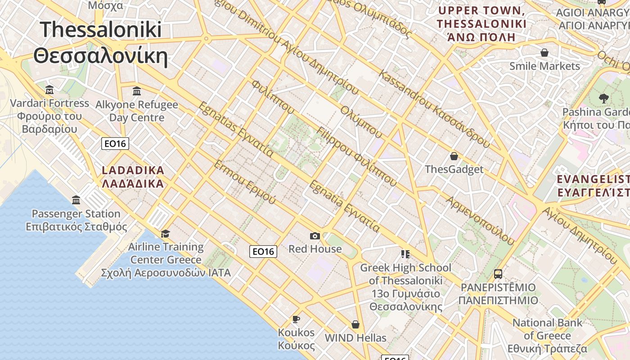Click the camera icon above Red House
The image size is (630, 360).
pyautogui.click(x=315, y=236)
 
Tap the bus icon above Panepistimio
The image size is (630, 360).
pyautogui.click(x=498, y=274)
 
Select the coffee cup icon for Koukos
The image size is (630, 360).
pyautogui.click(x=296, y=319)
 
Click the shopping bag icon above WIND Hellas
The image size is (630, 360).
pyautogui.click(x=355, y=324)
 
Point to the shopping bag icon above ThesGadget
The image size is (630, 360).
pyautogui.click(x=454, y=156)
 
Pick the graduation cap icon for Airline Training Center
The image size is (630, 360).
pyautogui.click(x=165, y=233)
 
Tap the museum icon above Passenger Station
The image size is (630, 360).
pyautogui.click(x=76, y=200)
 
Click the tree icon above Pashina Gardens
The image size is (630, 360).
pyautogui.click(x=604, y=98)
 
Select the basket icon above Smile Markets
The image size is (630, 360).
pyautogui.click(x=544, y=53)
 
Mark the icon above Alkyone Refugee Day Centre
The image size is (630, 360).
pyautogui.click(x=137, y=91)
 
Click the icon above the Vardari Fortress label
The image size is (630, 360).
pyautogui.click(x=49, y=90)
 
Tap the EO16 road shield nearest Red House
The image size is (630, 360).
pyautogui.click(x=263, y=251)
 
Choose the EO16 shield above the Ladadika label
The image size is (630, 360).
pyautogui.click(x=115, y=144)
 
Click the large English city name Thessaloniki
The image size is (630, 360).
pyautogui.click(x=101, y=30)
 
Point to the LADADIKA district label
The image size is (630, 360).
pyautogui.click(x=133, y=171)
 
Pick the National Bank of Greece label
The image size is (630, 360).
pyautogui.click(x=547, y=329)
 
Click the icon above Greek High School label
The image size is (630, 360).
pyautogui.click(x=405, y=254)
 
